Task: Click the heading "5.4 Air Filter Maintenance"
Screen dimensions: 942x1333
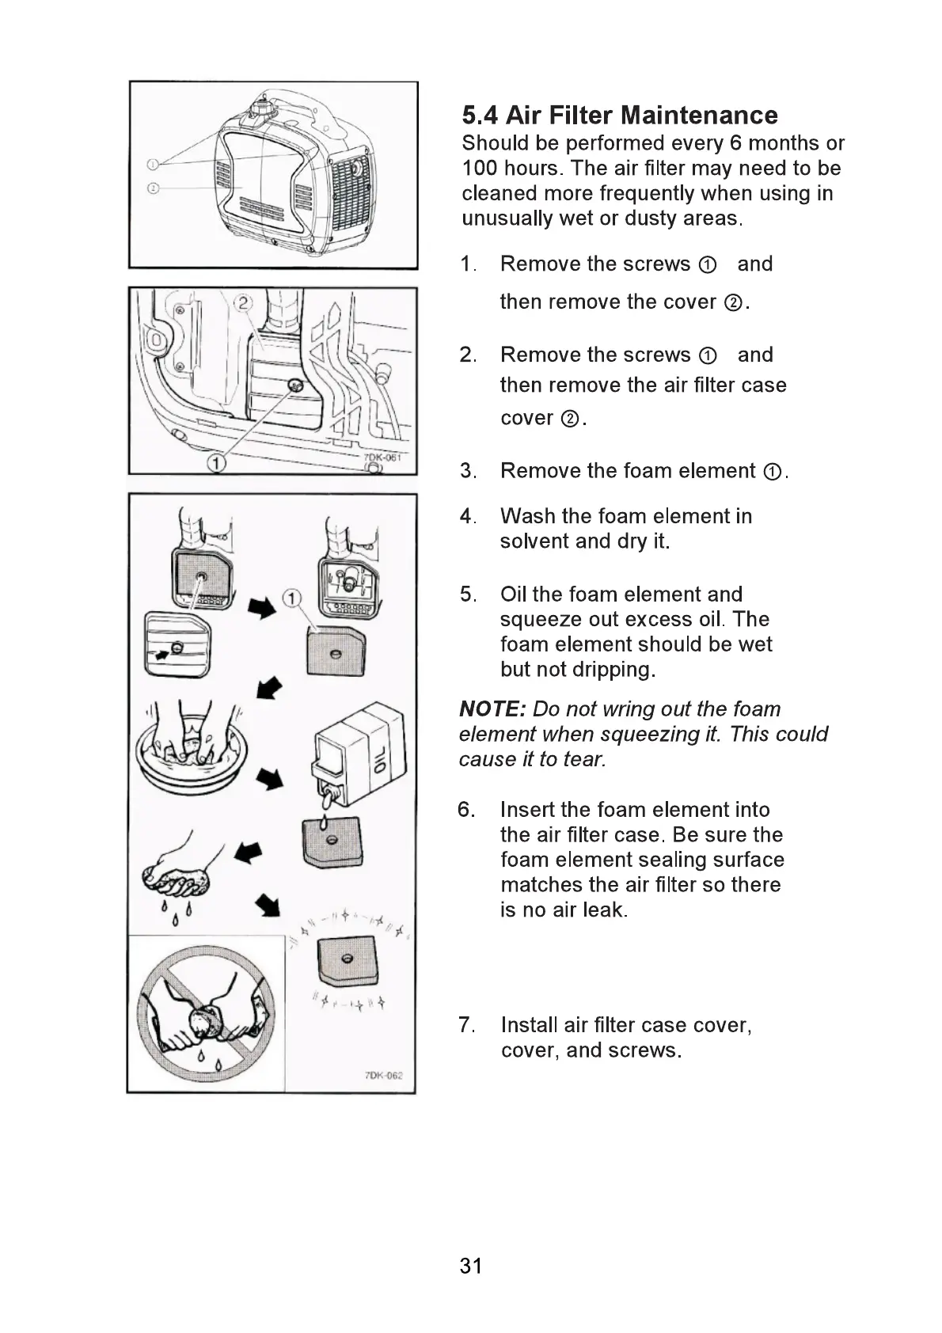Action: click(x=620, y=116)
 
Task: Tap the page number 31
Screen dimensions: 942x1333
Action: click(x=470, y=1266)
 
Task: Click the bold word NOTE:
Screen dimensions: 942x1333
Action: click(x=492, y=709)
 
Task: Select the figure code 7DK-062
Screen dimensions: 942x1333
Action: click(x=384, y=1075)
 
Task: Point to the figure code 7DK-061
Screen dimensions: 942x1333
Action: click(x=383, y=458)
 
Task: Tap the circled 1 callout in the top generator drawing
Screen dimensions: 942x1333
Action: click(x=154, y=164)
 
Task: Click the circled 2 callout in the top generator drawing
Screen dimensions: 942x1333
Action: click(x=154, y=188)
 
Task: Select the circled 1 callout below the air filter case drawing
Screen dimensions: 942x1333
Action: click(x=215, y=462)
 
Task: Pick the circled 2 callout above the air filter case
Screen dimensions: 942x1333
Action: click(x=243, y=302)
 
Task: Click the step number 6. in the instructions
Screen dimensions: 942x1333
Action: click(x=466, y=810)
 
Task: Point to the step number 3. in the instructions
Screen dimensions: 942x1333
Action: click(x=468, y=471)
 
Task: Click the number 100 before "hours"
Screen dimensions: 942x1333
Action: click(x=480, y=169)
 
